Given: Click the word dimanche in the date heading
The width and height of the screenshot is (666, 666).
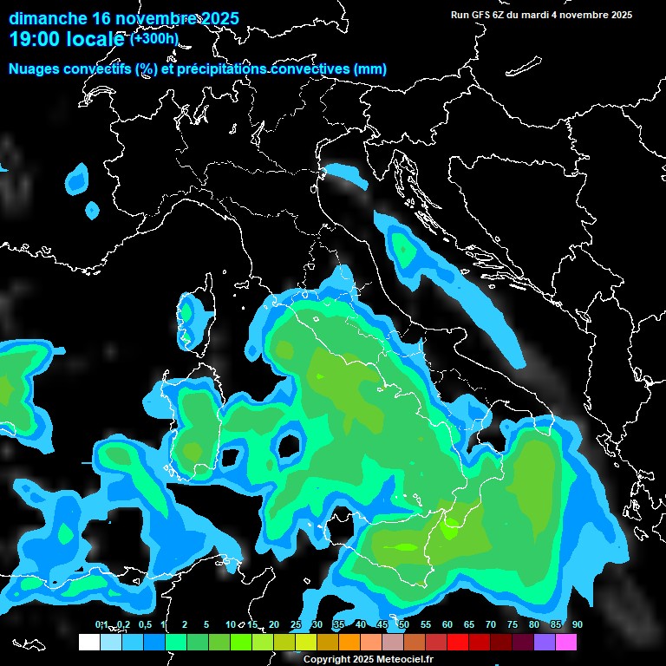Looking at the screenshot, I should click(49, 18).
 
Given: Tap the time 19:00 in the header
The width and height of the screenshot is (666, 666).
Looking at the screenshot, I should click(35, 38).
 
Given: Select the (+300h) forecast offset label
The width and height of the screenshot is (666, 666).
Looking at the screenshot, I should click(153, 38).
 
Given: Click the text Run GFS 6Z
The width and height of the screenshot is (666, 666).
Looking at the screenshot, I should click(482, 15).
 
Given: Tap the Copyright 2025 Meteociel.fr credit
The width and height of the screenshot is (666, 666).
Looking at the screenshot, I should click(368, 659).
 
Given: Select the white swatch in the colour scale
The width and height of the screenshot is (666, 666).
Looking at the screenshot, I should click(88, 642).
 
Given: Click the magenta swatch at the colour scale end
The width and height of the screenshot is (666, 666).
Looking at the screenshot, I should click(565, 642).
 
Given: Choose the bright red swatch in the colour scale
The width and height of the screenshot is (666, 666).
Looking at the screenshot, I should click(457, 642).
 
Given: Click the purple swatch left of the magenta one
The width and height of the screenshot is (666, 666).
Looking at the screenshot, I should click(544, 642).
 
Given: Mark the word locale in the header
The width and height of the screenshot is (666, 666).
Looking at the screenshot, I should click(97, 38).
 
